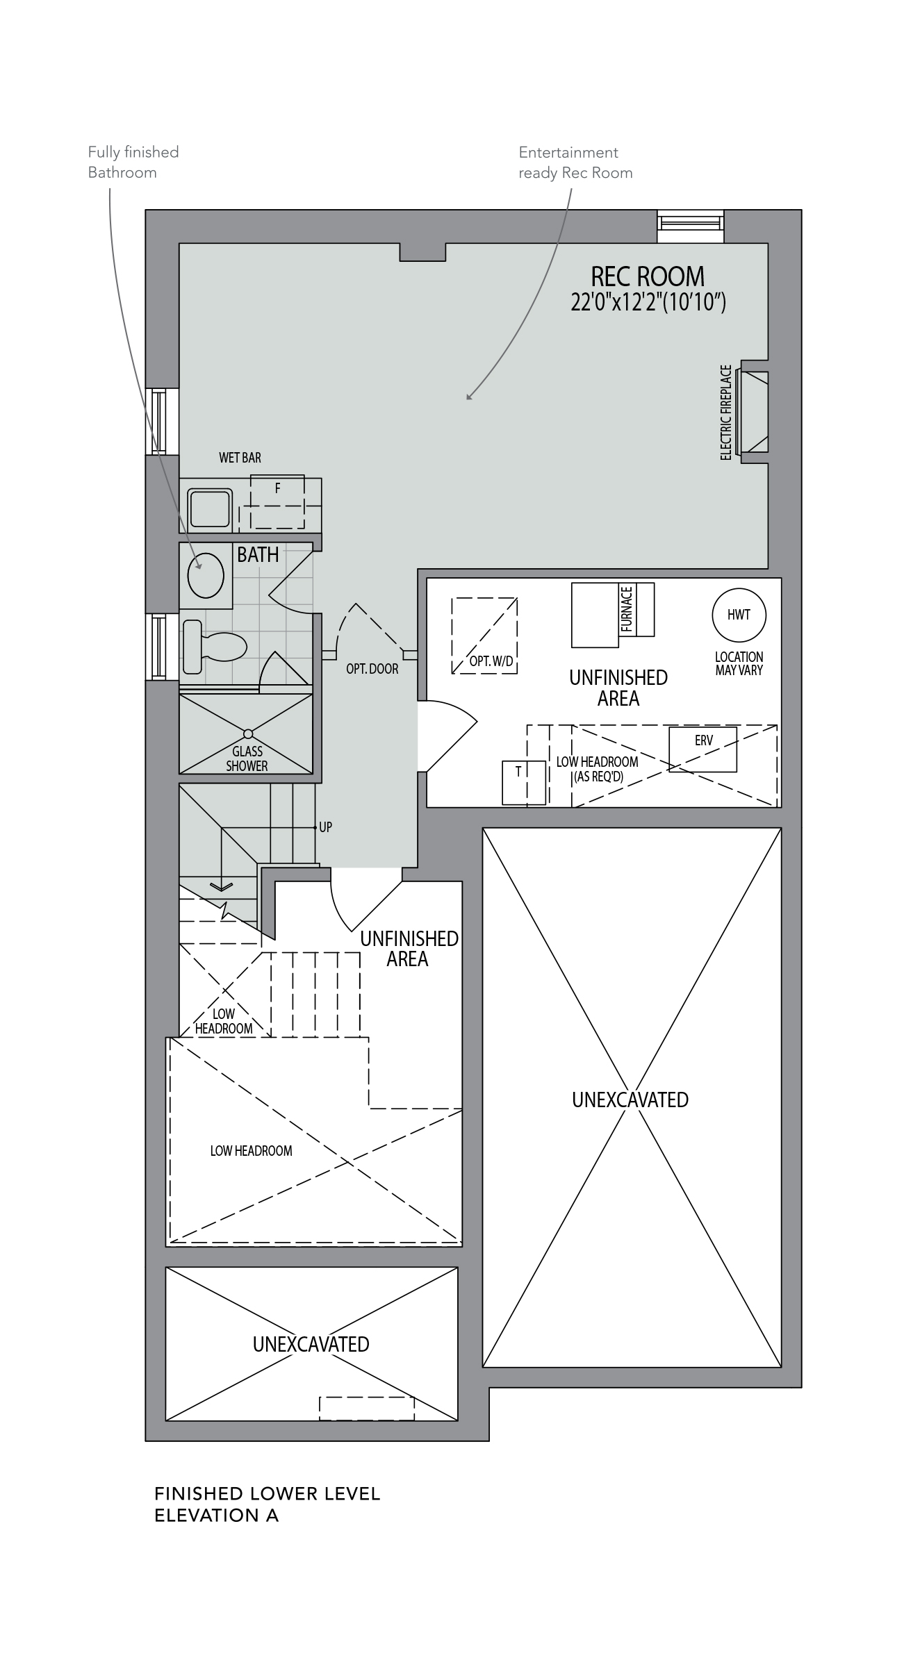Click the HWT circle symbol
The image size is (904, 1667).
[x=739, y=614]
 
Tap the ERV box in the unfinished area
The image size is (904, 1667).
[x=702, y=749]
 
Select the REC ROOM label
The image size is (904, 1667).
[x=648, y=276]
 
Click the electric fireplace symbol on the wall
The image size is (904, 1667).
[x=755, y=411]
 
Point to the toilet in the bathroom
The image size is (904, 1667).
[x=215, y=647]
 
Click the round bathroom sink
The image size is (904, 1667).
[x=206, y=576]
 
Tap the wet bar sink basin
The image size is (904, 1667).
[x=211, y=509]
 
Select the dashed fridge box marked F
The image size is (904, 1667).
[x=277, y=494]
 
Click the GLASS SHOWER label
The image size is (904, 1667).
[x=247, y=758]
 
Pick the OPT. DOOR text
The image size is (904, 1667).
[x=372, y=669]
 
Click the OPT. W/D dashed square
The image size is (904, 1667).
[x=484, y=635]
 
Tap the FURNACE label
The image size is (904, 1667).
[x=627, y=609]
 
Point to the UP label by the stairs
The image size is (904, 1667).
[x=325, y=827]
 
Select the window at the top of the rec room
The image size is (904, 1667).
[x=691, y=226]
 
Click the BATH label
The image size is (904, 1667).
[x=258, y=554]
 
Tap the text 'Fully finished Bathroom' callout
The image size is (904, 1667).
[x=133, y=162]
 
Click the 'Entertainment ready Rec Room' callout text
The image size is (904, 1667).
[x=575, y=162]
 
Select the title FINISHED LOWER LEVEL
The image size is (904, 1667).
[x=268, y=1493]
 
